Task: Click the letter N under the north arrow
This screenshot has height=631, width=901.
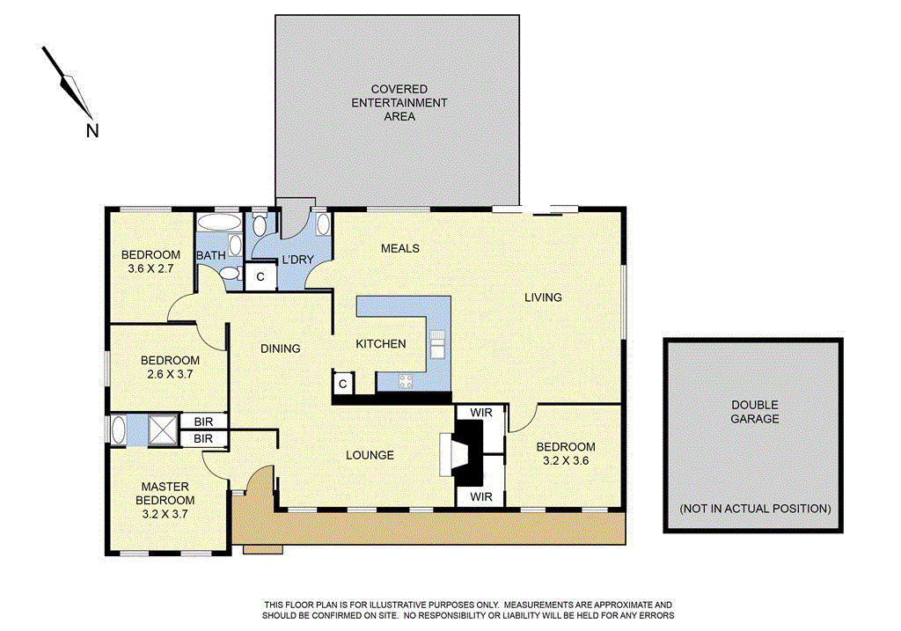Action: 92,131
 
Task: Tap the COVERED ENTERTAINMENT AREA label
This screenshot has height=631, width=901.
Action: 399,102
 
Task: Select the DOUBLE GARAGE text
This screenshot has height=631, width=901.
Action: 754,412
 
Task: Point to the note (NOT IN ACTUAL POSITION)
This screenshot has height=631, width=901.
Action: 755,509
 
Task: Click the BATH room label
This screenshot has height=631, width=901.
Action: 210,256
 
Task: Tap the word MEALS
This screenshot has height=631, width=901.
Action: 399,248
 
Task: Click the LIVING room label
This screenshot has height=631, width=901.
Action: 543,297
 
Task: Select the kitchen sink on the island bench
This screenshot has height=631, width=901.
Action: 437,341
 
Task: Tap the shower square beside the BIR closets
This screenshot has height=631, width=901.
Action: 162,430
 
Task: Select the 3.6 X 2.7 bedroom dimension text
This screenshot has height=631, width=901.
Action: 150,270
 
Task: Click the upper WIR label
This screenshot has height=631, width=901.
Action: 481,411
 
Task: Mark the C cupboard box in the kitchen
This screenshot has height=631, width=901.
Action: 342,383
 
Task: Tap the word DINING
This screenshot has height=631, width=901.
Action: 281,349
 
